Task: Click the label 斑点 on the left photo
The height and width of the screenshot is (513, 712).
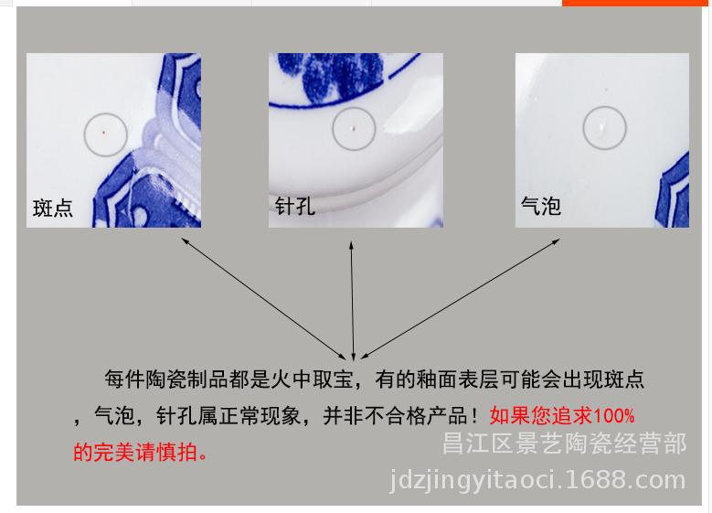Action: (x=53, y=208)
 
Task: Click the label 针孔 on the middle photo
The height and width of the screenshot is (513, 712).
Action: (x=294, y=206)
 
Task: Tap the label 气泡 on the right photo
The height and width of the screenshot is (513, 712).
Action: (x=540, y=206)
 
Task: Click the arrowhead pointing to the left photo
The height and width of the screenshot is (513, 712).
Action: (x=184, y=240)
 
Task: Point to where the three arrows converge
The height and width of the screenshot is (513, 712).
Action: (x=354, y=355)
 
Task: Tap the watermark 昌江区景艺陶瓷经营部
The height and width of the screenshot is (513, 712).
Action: (x=563, y=445)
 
